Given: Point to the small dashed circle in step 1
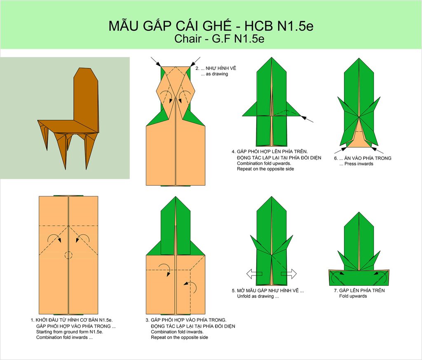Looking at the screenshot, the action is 69,255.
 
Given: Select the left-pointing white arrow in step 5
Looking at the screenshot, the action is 254,274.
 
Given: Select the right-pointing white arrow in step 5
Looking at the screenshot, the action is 289,274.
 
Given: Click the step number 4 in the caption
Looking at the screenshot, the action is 233,152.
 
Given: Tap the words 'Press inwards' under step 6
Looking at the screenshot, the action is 359,164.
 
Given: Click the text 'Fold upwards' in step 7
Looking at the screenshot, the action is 353,296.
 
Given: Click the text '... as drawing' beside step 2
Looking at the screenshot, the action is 214,74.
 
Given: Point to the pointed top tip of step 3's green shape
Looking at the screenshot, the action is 176,196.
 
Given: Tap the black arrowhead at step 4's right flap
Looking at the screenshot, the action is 303,117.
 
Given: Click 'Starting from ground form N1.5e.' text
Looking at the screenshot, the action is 70,332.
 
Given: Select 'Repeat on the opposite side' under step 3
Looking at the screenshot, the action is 179,337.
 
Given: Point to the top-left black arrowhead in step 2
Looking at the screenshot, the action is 158,64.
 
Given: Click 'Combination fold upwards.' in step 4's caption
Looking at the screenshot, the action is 264,164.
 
